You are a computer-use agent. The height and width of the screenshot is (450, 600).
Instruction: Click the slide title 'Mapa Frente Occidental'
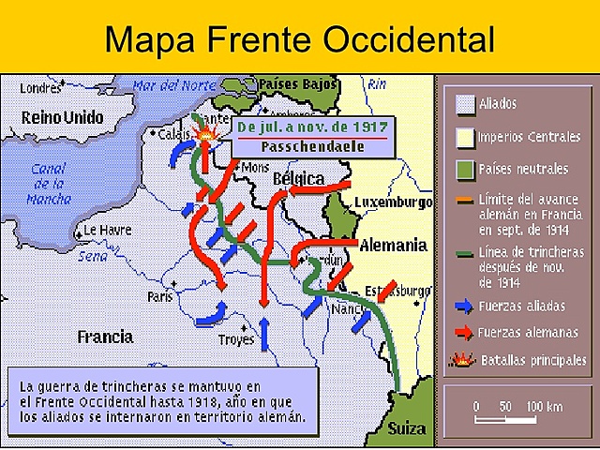pos(299,38)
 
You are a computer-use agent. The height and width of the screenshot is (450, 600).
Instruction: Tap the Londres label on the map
pos(39,88)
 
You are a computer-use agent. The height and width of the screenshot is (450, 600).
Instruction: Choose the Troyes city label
pos(235,338)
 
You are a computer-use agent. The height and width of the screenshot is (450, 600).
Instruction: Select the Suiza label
pos(405,428)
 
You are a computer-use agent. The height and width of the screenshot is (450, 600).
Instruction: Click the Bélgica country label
pos(298,179)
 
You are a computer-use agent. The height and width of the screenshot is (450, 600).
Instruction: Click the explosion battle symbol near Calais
pos(204,137)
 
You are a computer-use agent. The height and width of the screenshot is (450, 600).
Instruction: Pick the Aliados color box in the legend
pos(463,103)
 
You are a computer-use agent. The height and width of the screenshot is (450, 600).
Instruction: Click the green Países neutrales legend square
pos(463,169)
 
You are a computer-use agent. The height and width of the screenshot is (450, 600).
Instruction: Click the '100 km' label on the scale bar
pos(544,406)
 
